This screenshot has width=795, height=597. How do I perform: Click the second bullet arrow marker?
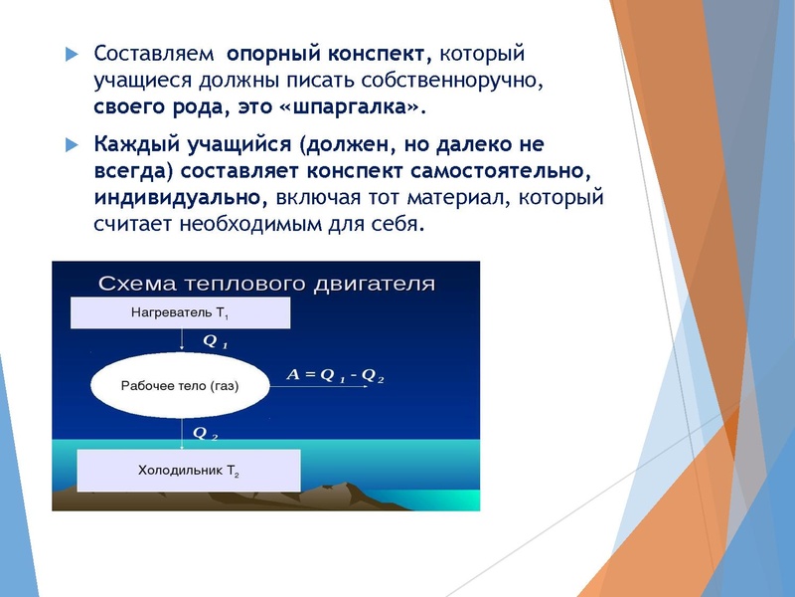pyautogui.click(x=71, y=144)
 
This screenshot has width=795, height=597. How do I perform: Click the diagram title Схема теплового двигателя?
pyautogui.click(x=266, y=283)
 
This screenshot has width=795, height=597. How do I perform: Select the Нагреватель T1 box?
pyautogui.click(x=180, y=312)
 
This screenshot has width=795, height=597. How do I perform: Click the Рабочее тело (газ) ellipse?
pyautogui.click(x=180, y=384)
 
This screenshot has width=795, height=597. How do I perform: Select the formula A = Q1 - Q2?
pyautogui.click(x=335, y=375)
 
